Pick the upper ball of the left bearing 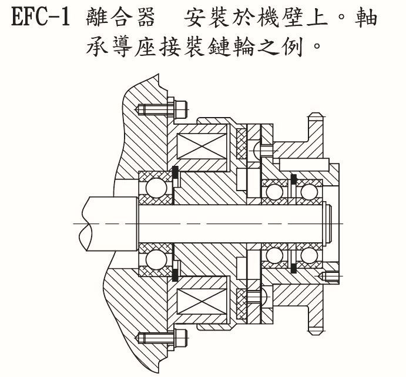coord(155,188)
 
